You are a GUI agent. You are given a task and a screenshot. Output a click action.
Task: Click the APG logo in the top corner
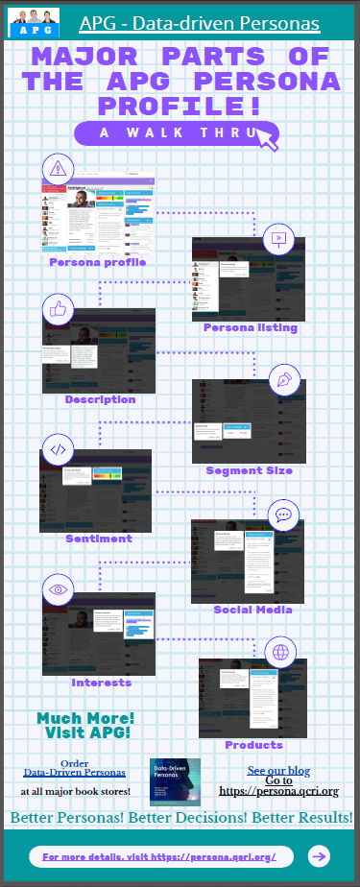pos(31,22)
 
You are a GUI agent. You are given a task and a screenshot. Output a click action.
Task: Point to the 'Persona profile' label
pos(98,260)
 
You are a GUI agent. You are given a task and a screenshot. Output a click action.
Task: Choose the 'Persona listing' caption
pos(251,327)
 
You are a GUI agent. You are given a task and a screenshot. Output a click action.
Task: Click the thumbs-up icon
pos(59,309)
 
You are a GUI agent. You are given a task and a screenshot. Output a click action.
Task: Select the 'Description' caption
pos(100,398)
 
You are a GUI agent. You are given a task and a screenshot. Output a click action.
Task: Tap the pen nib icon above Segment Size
pos(284,378)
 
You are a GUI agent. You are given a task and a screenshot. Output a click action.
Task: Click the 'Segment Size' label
pos(249,470)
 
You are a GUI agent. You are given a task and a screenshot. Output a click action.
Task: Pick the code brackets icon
pos(58,448)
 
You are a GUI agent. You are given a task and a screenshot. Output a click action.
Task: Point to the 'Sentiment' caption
pos(99,539)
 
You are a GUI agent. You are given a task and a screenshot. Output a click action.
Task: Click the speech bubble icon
pos(283,515)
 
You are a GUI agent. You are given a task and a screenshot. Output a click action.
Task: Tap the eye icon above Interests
pos(58,589)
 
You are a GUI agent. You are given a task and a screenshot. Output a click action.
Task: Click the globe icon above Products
pos(281,653)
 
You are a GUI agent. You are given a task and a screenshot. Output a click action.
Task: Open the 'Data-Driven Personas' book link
pos(74,772)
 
